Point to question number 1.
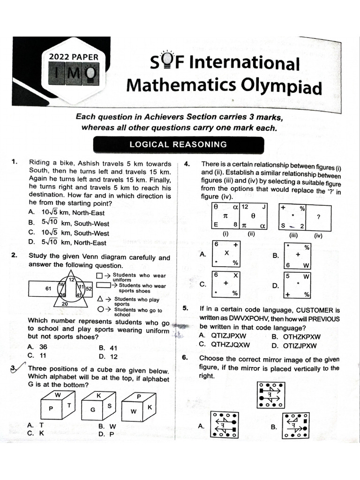pos(15,163)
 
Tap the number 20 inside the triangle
pos(65,303)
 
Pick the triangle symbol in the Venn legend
pos(100,299)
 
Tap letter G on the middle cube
pos(93,409)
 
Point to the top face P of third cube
pos(139,396)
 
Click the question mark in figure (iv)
pos(318,217)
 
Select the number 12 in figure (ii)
pos(245,207)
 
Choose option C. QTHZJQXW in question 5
pos(225,345)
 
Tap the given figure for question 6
pos(270,395)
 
